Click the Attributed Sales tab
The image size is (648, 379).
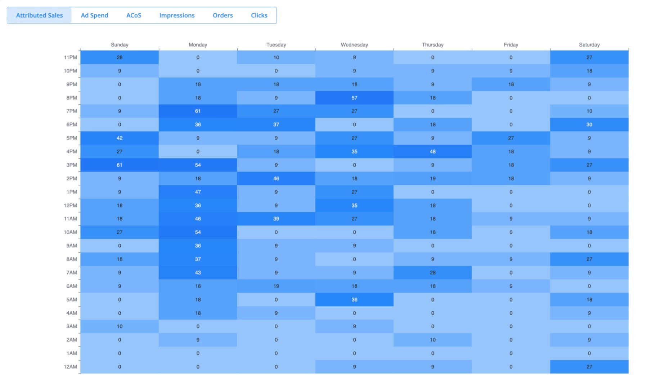(40, 15)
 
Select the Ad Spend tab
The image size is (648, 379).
(94, 15)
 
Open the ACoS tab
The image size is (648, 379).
(134, 15)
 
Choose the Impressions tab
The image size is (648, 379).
(177, 15)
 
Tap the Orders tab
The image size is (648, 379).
(222, 15)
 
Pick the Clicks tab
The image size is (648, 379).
(259, 15)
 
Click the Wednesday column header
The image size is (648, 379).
(354, 45)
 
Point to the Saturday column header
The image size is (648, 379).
(589, 45)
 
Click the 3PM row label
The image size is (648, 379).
(72, 165)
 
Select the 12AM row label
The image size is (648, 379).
(71, 367)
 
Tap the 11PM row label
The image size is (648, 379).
(71, 57)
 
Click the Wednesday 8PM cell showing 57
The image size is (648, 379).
(354, 98)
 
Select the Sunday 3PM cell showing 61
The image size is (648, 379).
(120, 165)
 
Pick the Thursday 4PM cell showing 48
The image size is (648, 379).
(432, 152)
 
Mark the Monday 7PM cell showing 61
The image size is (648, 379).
(198, 111)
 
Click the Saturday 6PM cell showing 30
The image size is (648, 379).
(589, 125)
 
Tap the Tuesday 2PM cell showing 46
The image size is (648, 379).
(276, 178)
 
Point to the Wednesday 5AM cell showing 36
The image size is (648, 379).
(354, 299)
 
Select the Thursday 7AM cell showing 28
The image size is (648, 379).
(432, 273)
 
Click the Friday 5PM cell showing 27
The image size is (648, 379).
(511, 138)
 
